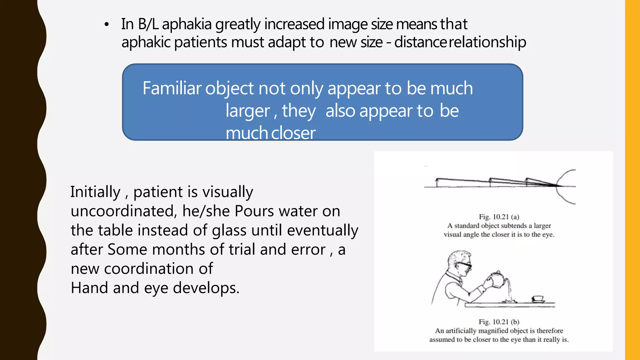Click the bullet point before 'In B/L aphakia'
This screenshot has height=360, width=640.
(107, 25)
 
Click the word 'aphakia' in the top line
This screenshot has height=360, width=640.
(187, 24)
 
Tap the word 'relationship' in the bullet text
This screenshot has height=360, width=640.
(487, 42)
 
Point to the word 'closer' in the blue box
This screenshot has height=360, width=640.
(293, 133)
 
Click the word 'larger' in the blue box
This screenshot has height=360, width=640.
(248, 111)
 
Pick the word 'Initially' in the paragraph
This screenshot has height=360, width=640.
(95, 192)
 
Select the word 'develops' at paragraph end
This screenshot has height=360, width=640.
(206, 288)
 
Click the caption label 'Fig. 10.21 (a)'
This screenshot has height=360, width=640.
(499, 217)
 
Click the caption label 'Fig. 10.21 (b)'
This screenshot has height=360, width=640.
(499, 322)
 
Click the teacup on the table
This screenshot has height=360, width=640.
(538, 299)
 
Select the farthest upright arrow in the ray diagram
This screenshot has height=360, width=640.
(437, 182)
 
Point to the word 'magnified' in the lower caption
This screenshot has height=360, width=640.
(493, 331)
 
